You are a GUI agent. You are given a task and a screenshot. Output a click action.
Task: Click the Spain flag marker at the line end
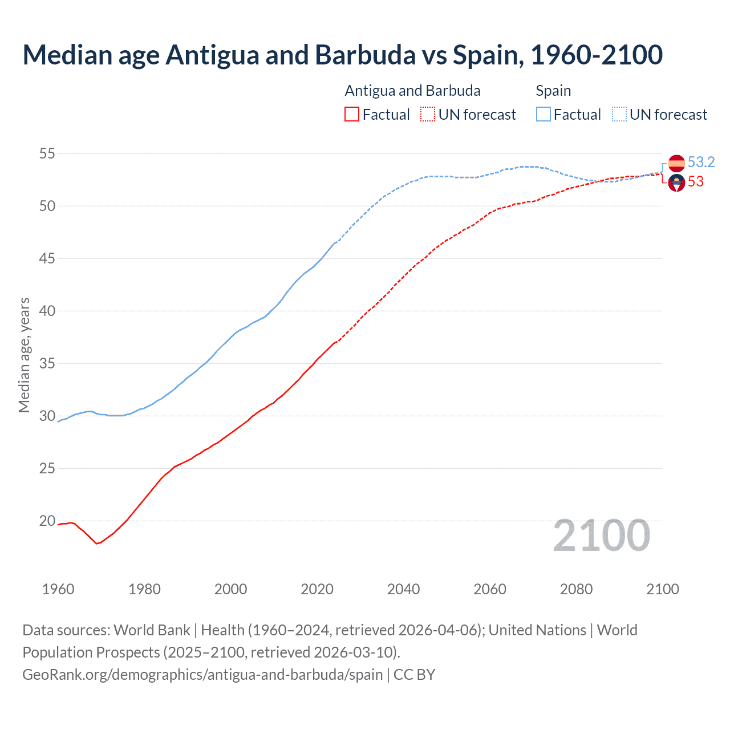[676, 163]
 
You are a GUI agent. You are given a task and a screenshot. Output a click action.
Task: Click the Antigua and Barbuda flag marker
[676, 182]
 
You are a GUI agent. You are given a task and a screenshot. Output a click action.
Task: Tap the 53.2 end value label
[701, 163]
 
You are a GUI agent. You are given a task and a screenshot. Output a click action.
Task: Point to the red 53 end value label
[696, 182]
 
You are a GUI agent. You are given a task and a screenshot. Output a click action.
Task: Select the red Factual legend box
[352, 115]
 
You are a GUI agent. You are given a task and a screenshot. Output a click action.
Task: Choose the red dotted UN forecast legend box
[428, 115]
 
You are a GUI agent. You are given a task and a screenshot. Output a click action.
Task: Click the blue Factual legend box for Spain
[544, 115]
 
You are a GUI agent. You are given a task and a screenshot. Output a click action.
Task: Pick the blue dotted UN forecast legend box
[619, 115]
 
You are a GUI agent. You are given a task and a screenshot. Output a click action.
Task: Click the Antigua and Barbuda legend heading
[412, 91]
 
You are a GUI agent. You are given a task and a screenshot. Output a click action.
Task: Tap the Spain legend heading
[553, 91]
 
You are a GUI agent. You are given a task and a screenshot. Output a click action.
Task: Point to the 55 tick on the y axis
[47, 153]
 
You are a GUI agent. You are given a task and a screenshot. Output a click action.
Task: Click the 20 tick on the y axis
[47, 521]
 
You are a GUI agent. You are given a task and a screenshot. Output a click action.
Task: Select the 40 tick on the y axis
[47, 311]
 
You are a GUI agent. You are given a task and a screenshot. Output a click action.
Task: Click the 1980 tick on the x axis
[144, 589]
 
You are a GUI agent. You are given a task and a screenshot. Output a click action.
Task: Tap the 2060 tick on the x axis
[490, 589]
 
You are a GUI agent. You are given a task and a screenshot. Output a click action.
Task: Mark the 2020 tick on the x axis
[317, 589]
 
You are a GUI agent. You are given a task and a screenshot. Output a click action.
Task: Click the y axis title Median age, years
[24, 355]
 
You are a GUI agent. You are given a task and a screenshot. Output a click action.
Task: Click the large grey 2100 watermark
[602, 536]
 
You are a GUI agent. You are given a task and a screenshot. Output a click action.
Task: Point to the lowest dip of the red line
[97, 544]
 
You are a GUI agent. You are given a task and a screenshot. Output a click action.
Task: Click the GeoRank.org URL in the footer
[202, 675]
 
